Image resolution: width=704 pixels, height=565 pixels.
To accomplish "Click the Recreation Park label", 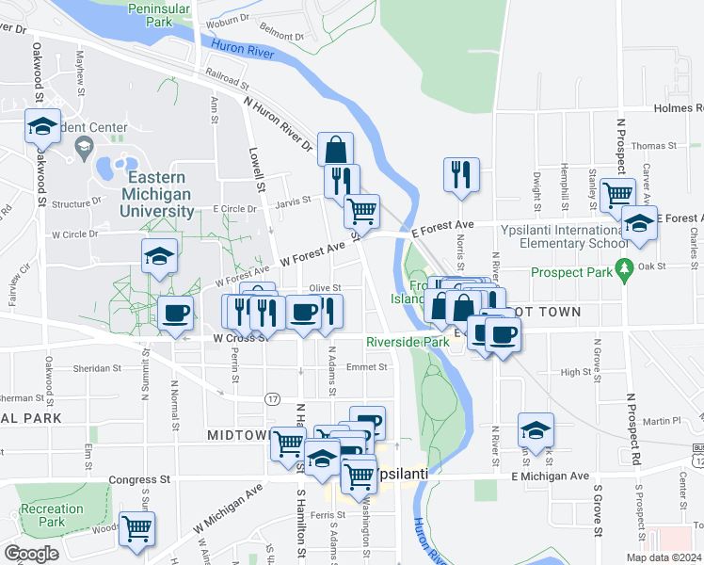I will pyautogui.click(x=52, y=515).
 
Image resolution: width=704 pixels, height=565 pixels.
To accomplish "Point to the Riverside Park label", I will pyautogui.click(x=408, y=342).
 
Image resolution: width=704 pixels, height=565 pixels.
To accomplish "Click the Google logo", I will pyautogui.click(x=31, y=554).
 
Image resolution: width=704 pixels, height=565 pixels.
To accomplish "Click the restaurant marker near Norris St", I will pyautogui.click(x=460, y=174).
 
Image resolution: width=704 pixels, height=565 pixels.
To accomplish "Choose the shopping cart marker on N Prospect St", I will pyautogui.click(x=616, y=195).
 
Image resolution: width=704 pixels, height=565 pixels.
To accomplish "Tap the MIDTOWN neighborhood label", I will pyautogui.click(x=238, y=435).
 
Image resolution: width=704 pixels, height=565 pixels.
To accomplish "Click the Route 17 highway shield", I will pyautogui.click(x=272, y=399).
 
